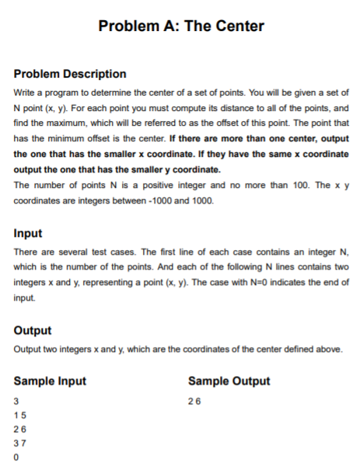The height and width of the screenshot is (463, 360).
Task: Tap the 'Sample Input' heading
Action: [x=50, y=381]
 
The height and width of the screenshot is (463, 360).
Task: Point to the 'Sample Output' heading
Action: [x=229, y=381]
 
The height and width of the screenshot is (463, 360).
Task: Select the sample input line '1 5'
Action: [x=19, y=416]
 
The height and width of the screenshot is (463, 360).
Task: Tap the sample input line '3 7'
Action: [x=19, y=444]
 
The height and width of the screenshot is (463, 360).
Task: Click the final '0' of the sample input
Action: [x=16, y=458]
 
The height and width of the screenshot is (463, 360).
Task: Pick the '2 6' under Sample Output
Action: [x=193, y=402]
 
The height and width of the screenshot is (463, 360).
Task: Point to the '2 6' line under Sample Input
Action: [x=19, y=430]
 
